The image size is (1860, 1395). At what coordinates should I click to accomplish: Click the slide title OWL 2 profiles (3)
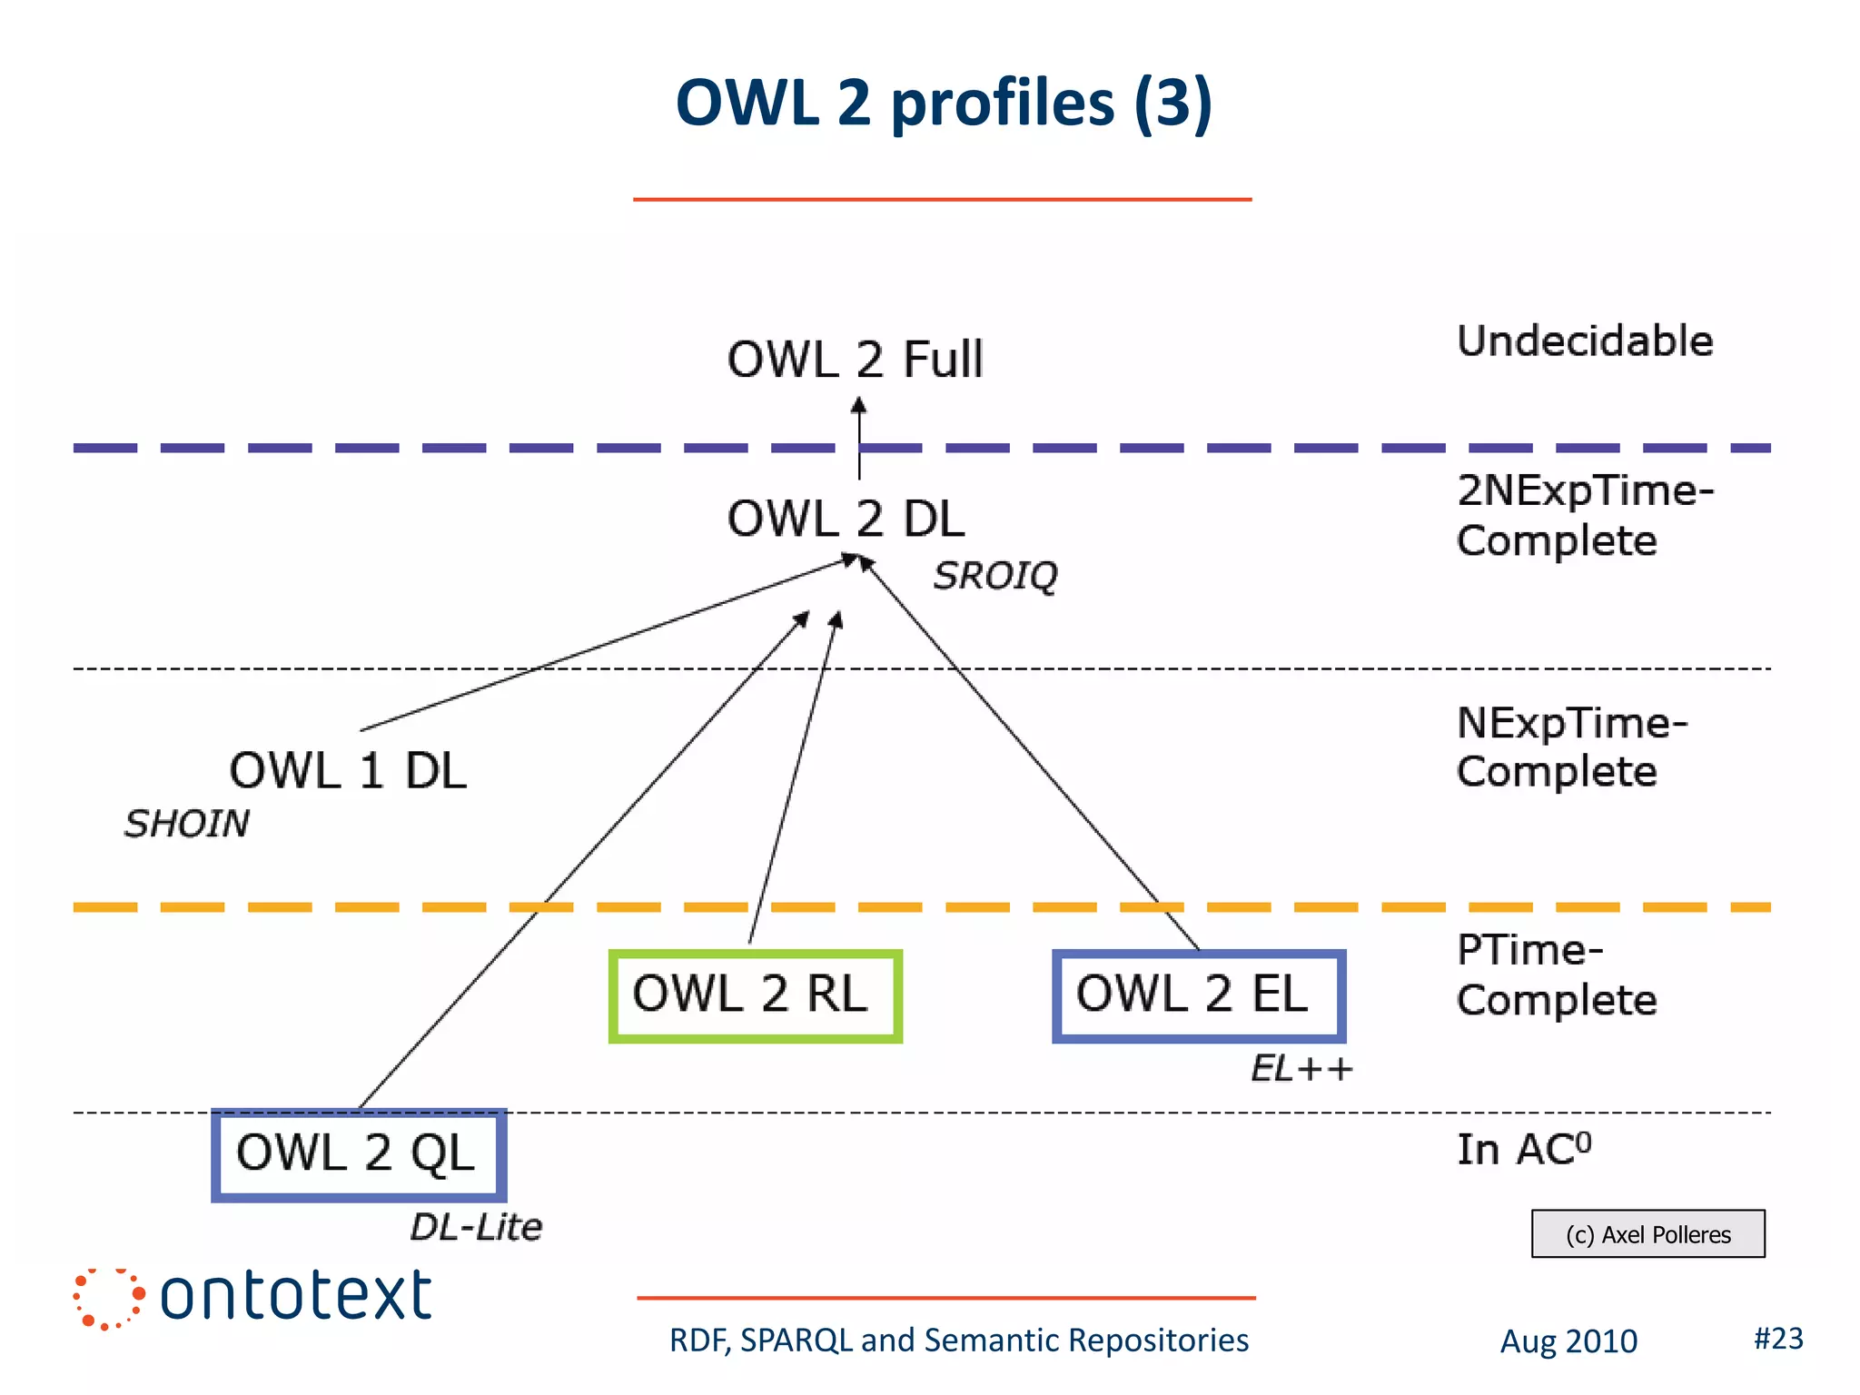click(944, 103)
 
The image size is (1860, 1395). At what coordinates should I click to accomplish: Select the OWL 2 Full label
click(855, 360)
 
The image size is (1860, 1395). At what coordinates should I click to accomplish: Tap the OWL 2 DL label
click(846, 519)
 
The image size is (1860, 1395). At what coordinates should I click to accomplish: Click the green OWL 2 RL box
click(755, 995)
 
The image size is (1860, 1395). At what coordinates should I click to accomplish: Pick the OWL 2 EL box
click(1198, 995)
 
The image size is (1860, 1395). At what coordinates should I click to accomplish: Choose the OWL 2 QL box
click(359, 1154)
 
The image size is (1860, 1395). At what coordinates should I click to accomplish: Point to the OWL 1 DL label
click(347, 771)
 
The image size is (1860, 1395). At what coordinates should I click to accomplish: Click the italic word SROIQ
click(995, 576)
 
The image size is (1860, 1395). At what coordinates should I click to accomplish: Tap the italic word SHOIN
click(187, 824)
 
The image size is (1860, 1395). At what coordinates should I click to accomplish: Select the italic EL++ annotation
click(1301, 1069)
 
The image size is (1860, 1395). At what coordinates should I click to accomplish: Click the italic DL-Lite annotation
click(476, 1228)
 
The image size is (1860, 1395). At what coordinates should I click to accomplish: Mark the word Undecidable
click(1585, 341)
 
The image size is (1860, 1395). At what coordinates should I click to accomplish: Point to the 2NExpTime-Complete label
click(1583, 515)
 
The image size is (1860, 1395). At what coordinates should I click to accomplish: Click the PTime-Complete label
click(1557, 975)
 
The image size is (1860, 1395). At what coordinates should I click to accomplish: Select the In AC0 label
click(1524, 1150)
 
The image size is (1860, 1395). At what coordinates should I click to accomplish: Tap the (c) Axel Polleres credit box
click(1647, 1234)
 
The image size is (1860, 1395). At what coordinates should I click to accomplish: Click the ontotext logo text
click(295, 1296)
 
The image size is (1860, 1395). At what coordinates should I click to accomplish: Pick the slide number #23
click(1777, 1339)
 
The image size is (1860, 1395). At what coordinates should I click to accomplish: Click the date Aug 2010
click(1568, 1341)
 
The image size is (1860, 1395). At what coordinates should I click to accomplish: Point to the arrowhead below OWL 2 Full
click(858, 406)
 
